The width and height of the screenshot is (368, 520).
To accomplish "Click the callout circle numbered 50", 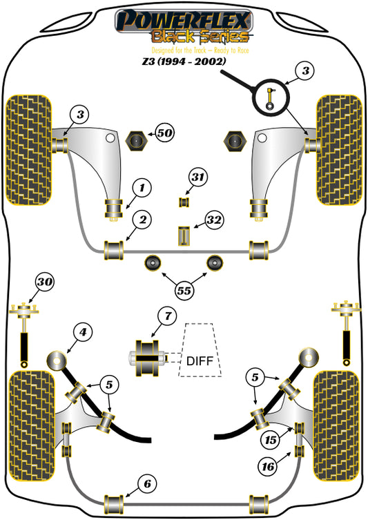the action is tap(165, 133).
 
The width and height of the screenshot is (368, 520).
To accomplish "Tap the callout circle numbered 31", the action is tap(198, 177).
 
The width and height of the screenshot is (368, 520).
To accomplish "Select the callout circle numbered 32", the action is tap(214, 220).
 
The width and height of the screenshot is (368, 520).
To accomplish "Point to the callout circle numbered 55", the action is tap(184, 291).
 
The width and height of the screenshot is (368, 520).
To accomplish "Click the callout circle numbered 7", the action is tap(168, 316).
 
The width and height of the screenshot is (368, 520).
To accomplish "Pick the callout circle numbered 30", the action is tap(45, 282).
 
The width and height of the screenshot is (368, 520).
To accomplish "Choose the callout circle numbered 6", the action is tap(147, 484).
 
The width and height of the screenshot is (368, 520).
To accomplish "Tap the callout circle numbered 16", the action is tap(268, 467).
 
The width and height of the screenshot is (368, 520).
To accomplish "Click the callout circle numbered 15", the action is tap(271, 440).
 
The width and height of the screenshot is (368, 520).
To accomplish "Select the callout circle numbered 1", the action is tap(142, 188).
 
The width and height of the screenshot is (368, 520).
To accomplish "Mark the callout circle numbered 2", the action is tap(142, 220).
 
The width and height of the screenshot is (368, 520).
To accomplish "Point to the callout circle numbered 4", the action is tap(83, 331).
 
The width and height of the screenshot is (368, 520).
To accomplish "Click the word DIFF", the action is tap(200, 360).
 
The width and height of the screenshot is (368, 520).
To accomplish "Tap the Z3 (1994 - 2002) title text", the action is tap(184, 61).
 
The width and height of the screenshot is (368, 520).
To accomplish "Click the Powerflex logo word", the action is tap(184, 20).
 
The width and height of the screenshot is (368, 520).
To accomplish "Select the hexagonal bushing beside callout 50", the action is tap(135, 142).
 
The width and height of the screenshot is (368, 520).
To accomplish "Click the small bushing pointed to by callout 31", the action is tap(184, 202).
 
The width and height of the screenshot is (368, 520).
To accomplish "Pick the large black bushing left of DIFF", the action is tap(147, 358).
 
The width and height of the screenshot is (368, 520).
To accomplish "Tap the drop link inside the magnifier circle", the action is tap(271, 97).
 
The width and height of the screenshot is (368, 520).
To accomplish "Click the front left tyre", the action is tap(29, 151).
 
